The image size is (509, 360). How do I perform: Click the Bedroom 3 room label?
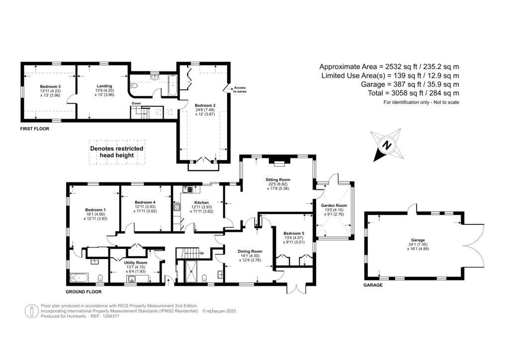point(50,87)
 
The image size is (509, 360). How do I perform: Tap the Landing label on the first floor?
point(104,86)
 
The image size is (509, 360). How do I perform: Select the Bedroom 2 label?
point(205,105)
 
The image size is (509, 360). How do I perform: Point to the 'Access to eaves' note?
point(240,90)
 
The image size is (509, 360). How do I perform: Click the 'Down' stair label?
point(136,103)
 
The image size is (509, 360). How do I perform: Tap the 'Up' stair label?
point(202,253)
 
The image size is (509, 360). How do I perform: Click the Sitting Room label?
point(278,180)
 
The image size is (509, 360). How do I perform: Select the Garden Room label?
point(334,205)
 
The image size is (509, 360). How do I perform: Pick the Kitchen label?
point(201,202)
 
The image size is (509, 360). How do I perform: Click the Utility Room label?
point(136,263)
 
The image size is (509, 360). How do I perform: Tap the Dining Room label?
point(250,251)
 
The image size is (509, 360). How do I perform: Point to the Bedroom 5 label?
point(294,233)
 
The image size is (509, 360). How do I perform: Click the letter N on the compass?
point(386,145)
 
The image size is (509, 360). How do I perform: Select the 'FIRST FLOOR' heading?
point(35,129)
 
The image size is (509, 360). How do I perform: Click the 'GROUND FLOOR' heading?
point(84,292)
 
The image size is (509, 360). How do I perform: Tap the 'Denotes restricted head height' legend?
point(116,152)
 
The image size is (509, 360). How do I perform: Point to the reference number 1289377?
point(111,316)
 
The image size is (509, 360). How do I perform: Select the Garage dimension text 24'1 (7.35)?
point(418,245)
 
